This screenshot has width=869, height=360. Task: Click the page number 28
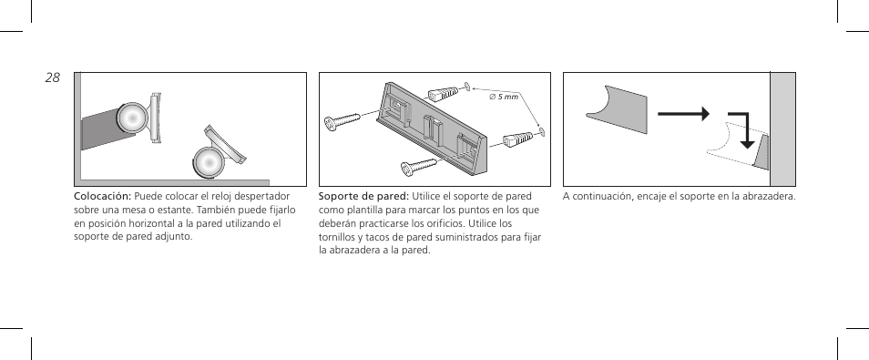(52, 79)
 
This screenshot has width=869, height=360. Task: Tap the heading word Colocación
(102, 196)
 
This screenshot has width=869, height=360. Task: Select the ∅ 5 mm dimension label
(504, 97)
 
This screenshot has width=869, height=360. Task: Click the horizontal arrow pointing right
(684, 115)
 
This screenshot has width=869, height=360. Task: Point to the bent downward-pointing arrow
(743, 129)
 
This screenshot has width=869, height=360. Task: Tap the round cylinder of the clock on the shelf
(207, 162)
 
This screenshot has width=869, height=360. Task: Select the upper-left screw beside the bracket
(344, 122)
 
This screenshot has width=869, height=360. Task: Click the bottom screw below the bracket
(420, 166)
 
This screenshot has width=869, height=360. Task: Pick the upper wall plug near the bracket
(443, 94)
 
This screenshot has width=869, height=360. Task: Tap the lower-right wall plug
(517, 140)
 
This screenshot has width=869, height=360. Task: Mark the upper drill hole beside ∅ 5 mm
(466, 87)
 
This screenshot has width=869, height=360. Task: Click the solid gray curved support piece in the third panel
(616, 101)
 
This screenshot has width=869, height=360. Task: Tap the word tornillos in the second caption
(339, 237)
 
